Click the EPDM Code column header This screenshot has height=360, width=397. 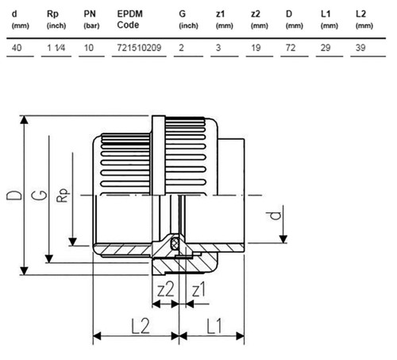[x=129, y=19]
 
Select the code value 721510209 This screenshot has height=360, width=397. [x=139, y=48]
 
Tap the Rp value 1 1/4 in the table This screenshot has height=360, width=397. [x=56, y=48]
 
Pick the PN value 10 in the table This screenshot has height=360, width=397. [x=89, y=48]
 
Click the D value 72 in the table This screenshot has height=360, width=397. [x=291, y=48]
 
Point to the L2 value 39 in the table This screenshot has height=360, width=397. [x=360, y=48]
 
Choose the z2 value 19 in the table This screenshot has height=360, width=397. [x=256, y=48]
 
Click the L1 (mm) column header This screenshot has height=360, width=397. [x=330, y=20]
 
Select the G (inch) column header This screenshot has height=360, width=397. [x=188, y=20]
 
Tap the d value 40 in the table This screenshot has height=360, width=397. [x=17, y=48]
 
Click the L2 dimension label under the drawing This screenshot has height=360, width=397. [x=141, y=326]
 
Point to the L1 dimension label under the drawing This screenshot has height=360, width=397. [x=214, y=326]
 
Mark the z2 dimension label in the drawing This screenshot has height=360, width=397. [x=166, y=289]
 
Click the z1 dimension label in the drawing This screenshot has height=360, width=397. [x=198, y=289]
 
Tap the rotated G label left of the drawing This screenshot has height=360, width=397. [x=40, y=195]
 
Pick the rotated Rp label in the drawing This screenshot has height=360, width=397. [x=64, y=195]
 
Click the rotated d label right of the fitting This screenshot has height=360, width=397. [x=276, y=215]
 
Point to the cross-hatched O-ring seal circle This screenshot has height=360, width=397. [x=174, y=242]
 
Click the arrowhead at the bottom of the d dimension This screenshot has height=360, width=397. [x=283, y=239]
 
